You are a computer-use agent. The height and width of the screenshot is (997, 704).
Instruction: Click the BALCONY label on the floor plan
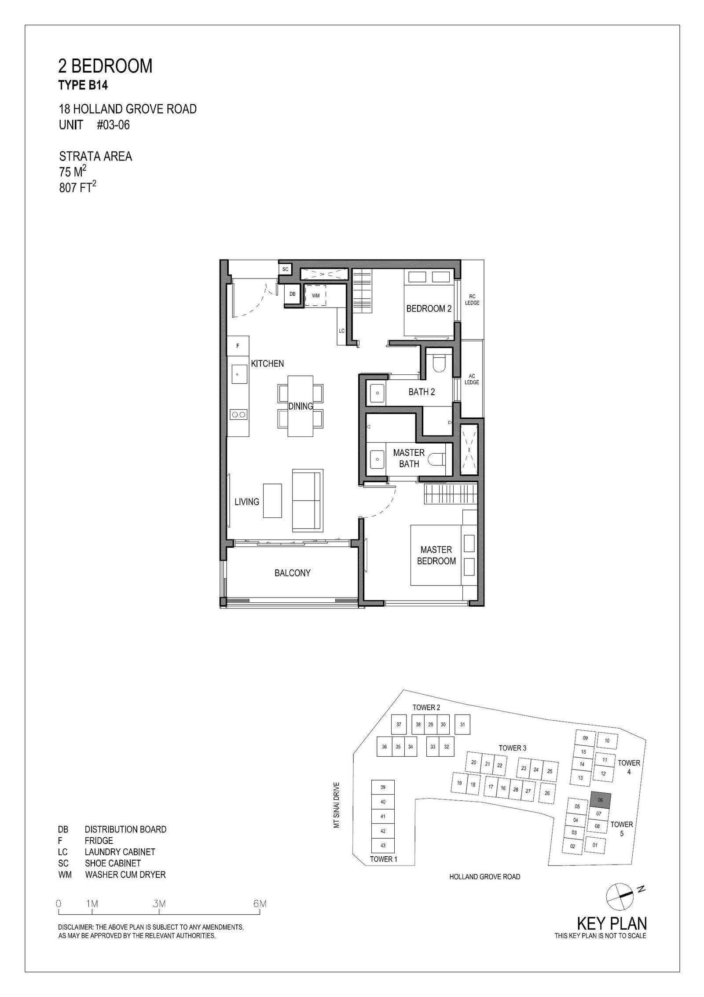pos(293,573)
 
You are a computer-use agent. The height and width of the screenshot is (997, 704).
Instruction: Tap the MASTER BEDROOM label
pos(436,555)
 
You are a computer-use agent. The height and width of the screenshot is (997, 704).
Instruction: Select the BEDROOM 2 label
pos(429,309)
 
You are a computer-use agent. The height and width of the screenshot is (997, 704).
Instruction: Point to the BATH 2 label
pos(422,392)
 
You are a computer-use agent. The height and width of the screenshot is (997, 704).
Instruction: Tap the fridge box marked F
pos(238,346)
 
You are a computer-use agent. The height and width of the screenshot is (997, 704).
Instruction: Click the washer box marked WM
pos(316,296)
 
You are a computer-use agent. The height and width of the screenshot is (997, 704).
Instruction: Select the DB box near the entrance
pos(293,294)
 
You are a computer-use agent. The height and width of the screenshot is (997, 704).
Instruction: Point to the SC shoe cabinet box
pos(285,269)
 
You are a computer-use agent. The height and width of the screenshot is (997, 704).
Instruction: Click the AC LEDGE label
pos(472,379)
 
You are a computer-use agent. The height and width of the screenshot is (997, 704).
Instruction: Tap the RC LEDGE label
pos(472,300)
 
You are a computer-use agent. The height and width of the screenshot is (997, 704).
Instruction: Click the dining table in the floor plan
pos(301,406)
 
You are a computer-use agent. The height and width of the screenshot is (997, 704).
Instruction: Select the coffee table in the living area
pos(272,501)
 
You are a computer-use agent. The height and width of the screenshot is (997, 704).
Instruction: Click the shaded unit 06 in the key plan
pos(600,800)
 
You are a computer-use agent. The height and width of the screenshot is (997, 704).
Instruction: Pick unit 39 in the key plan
pos(383,787)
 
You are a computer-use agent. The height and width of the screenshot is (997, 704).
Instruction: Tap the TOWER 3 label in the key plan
pos(513,748)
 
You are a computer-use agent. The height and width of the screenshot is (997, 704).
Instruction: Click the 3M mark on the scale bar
pos(159,904)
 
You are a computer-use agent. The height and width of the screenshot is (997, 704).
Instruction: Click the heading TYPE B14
pos(83,85)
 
